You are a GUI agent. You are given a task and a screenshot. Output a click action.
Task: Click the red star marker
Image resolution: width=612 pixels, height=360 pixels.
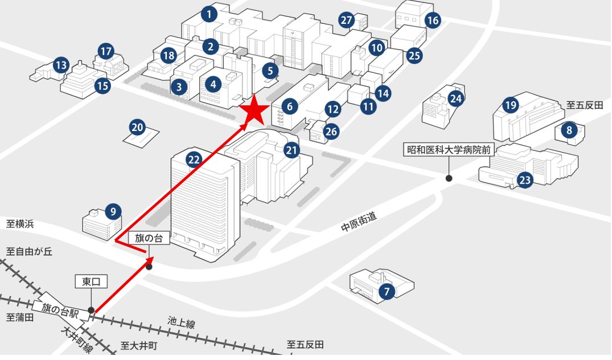[x=254, y=109]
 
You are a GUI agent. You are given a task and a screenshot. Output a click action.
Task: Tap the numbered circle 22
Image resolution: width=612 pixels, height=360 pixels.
[x=194, y=159]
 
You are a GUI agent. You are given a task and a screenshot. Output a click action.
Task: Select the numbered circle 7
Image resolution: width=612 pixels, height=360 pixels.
[x=387, y=291]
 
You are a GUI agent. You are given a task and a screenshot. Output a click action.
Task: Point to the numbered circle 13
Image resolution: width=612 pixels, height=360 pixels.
[x=61, y=65]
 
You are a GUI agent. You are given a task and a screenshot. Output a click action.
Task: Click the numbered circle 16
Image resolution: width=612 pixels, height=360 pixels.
[x=433, y=20]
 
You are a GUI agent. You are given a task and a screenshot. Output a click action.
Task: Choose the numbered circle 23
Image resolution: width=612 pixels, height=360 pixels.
[x=525, y=180]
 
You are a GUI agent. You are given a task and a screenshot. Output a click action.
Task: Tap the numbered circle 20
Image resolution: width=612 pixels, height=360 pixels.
[x=137, y=127]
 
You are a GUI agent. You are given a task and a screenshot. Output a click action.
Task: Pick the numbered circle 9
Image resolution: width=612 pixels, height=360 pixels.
[x=113, y=212]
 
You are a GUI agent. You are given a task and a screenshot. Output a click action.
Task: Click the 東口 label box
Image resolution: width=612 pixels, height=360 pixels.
[x=91, y=281]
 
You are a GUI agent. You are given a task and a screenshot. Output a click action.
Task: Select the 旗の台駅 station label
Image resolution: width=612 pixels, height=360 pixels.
[x=60, y=311]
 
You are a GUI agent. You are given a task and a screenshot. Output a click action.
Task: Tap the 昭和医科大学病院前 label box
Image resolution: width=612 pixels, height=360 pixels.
[x=449, y=150]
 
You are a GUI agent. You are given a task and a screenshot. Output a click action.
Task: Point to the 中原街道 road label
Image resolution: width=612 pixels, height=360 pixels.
[x=359, y=222]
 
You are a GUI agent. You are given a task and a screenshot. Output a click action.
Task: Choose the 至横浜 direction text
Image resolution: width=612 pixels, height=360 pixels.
[x=20, y=224]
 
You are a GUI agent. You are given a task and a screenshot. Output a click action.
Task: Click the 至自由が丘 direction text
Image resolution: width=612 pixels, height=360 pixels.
[x=29, y=251]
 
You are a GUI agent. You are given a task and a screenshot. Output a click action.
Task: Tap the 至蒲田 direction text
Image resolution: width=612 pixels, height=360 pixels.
[x=20, y=317]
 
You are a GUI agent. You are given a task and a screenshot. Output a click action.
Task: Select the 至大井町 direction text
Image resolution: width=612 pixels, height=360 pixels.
[x=138, y=346]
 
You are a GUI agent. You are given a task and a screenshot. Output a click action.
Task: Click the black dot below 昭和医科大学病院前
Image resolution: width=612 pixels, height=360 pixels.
[x=449, y=178]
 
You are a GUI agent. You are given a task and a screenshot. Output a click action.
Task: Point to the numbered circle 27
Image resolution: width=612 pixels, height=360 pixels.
[x=347, y=20]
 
